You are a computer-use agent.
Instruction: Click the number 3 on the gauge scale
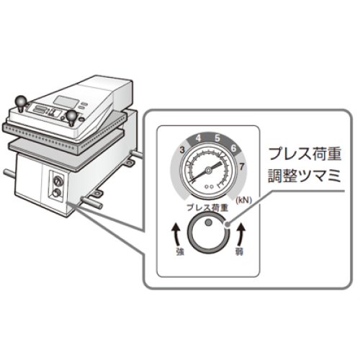pos(182,150)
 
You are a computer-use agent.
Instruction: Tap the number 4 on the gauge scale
pos(198,138)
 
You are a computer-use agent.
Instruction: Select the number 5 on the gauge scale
pos(217,138)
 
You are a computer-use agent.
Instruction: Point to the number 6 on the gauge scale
pos(233,148)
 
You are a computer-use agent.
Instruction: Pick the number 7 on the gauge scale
pos(242,166)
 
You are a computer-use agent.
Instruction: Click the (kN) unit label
pos(244,200)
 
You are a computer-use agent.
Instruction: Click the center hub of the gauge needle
pos(208,171)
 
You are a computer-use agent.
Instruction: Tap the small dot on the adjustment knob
pos(208,222)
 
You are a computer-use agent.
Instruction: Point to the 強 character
pos(180,251)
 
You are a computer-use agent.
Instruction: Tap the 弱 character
pos(239,251)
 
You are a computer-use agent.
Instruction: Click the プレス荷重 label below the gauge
pos(207,207)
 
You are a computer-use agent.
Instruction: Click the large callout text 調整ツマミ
pos(305,176)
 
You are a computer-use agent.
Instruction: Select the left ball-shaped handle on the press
pos(21,102)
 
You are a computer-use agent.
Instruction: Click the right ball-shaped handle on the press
pos(71,117)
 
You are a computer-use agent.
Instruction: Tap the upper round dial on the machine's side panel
pos(58,179)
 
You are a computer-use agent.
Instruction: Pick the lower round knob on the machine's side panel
pos(57,192)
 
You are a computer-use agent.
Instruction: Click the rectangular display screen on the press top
pos(66,102)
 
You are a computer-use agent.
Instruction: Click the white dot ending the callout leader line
pos(227,225)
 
